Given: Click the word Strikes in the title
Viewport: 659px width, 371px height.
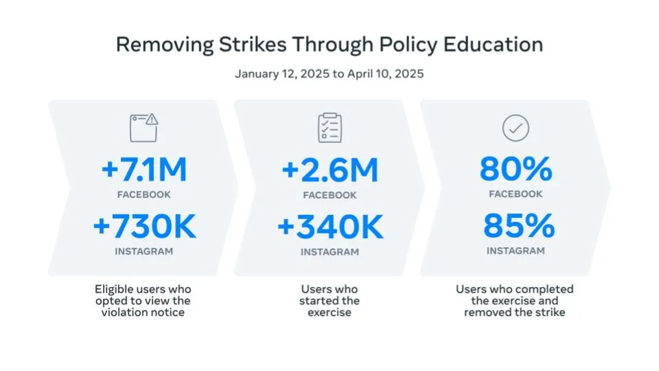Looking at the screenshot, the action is (x=253, y=44).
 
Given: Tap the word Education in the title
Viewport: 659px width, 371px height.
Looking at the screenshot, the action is (x=493, y=44).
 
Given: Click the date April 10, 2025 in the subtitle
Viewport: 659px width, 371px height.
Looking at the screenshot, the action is (x=385, y=74).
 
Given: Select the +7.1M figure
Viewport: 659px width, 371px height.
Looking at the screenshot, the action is (x=143, y=169).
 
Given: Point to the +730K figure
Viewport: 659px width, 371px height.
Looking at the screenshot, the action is (x=144, y=226).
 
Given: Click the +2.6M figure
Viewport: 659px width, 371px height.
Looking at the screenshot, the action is (x=330, y=170).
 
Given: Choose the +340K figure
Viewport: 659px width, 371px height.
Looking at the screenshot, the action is (x=330, y=227).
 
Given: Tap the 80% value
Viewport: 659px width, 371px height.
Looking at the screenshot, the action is (x=516, y=169).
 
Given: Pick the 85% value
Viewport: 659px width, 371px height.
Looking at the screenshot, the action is (x=519, y=226).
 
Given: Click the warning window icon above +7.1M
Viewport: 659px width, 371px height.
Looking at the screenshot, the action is (x=143, y=128).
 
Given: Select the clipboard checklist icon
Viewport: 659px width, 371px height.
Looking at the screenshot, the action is (x=330, y=128).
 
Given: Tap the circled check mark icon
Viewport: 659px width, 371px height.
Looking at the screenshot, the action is (x=516, y=128).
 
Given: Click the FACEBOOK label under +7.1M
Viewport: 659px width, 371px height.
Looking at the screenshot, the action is (x=143, y=194).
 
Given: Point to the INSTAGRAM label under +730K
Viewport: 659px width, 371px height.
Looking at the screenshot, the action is (x=143, y=251).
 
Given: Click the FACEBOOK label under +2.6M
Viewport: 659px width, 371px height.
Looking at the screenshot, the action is (x=329, y=195).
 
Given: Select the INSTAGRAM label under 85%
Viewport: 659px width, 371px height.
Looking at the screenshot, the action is (x=516, y=251).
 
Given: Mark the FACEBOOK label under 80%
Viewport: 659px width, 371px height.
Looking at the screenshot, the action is (x=516, y=194).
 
